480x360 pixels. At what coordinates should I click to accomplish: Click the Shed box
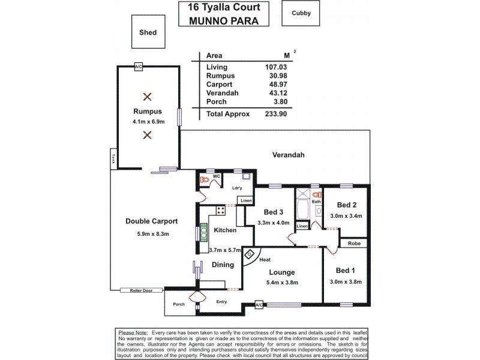click(x=147, y=32)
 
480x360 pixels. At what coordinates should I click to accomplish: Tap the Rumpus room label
click(x=147, y=112)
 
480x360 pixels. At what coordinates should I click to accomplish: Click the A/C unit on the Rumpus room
click(x=139, y=66)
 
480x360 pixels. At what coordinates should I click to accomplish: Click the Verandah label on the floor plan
click(x=289, y=155)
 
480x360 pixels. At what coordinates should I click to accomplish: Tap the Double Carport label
click(x=151, y=221)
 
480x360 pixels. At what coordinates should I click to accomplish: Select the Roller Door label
click(x=136, y=290)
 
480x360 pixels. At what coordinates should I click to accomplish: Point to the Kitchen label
click(x=225, y=230)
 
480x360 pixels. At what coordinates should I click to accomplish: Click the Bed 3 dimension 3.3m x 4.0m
click(x=273, y=222)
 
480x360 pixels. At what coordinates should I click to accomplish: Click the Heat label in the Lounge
click(x=264, y=260)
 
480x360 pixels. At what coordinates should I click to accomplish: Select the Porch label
click(x=179, y=304)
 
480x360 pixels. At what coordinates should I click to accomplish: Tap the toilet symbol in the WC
click(x=204, y=179)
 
